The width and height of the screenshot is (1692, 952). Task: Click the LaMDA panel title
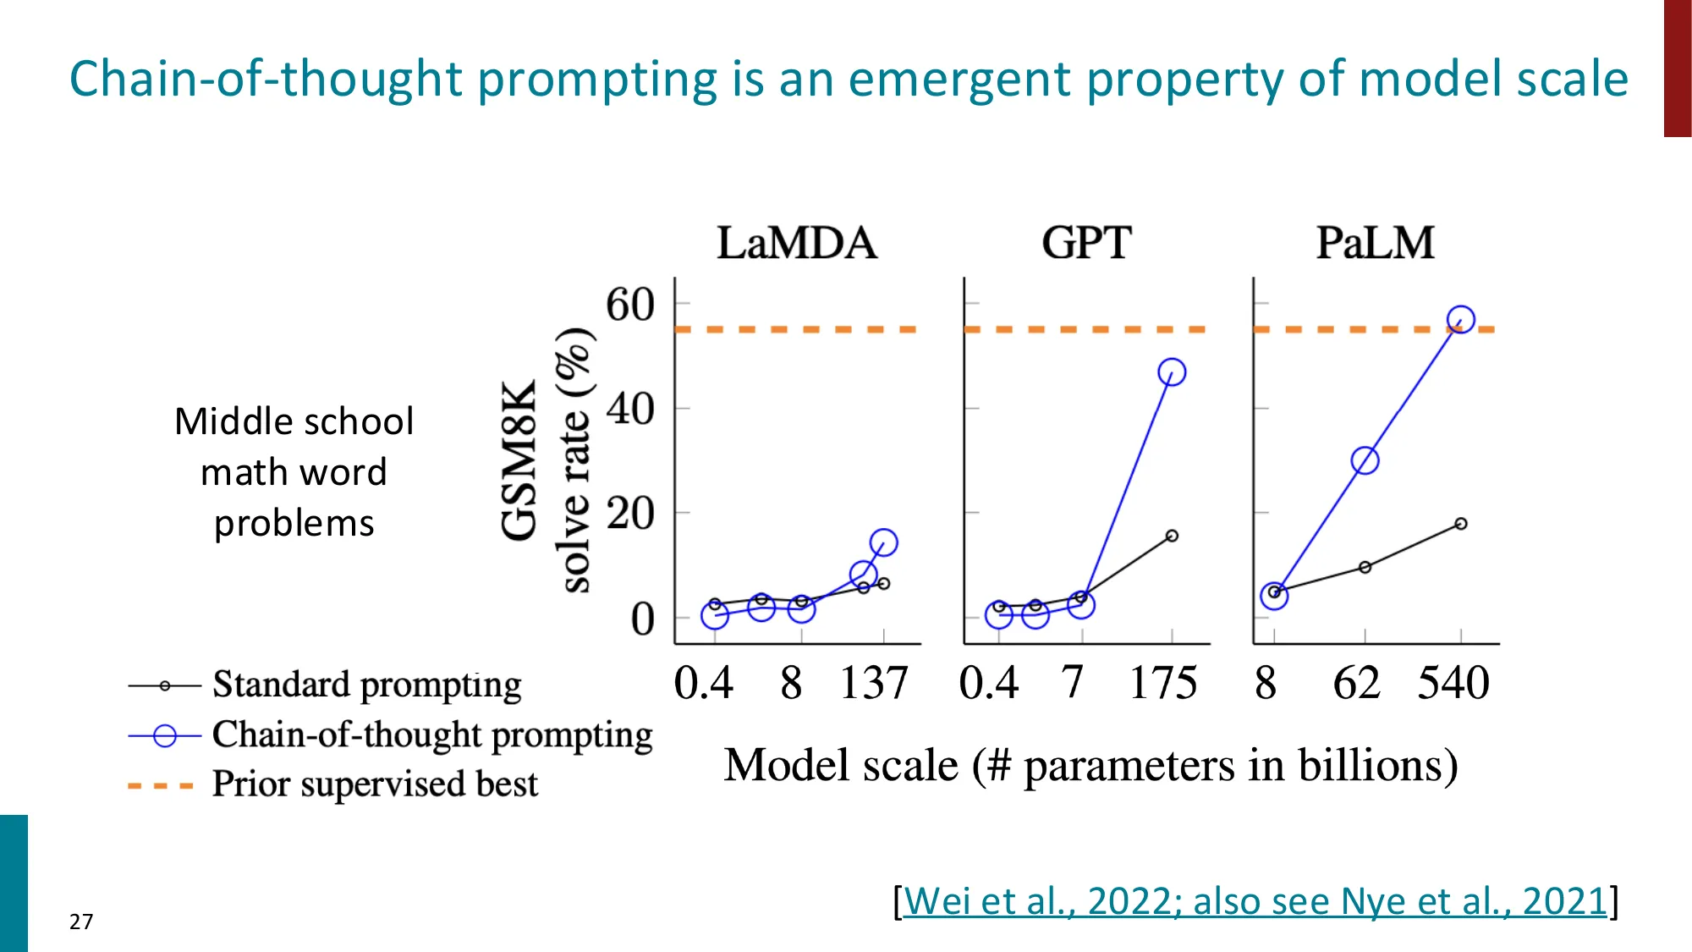[796, 243]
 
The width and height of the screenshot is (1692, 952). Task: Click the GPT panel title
[1086, 243]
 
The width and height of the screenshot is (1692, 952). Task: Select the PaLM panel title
[1375, 243]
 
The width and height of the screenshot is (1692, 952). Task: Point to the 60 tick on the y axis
[630, 305]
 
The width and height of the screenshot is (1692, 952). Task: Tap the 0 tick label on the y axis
[643, 619]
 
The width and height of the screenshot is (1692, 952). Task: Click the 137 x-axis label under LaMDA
[874, 683]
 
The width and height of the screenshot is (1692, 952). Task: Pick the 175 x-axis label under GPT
[1163, 683]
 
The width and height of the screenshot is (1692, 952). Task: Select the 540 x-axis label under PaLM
[1453, 683]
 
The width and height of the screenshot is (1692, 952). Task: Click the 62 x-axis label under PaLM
[1356, 683]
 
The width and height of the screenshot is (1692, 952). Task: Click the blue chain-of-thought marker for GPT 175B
[1172, 372]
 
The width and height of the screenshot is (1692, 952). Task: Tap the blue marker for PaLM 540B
[1461, 320]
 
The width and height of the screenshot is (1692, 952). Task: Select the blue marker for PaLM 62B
[1365, 461]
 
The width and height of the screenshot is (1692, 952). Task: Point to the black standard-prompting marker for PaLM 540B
[1461, 524]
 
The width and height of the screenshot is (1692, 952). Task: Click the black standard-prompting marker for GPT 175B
[1172, 536]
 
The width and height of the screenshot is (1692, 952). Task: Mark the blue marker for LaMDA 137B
[883, 542]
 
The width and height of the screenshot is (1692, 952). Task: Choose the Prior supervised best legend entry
[374, 784]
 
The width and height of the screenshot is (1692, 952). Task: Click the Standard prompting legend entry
[366, 685]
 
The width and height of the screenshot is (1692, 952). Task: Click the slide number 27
[81, 922]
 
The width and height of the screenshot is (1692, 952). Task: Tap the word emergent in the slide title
[959, 79]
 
